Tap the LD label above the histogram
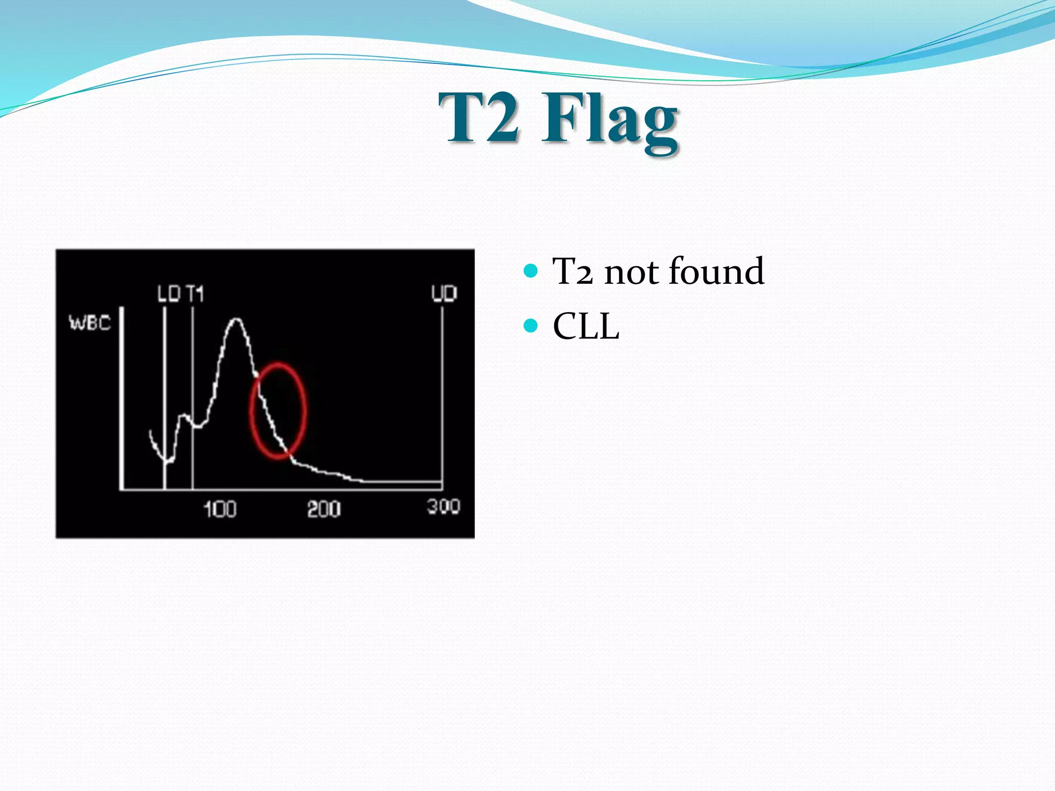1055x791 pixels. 168,294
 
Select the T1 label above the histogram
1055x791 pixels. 195,294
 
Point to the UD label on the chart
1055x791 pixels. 444,294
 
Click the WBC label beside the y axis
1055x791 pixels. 90,323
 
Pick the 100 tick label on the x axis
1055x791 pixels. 220,509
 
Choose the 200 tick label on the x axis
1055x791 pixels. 324,509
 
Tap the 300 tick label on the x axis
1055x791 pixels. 444,507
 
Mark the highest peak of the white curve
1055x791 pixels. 236,320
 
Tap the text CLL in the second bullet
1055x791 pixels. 586,326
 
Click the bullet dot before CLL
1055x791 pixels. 531,326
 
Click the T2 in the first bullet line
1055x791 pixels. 572,272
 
